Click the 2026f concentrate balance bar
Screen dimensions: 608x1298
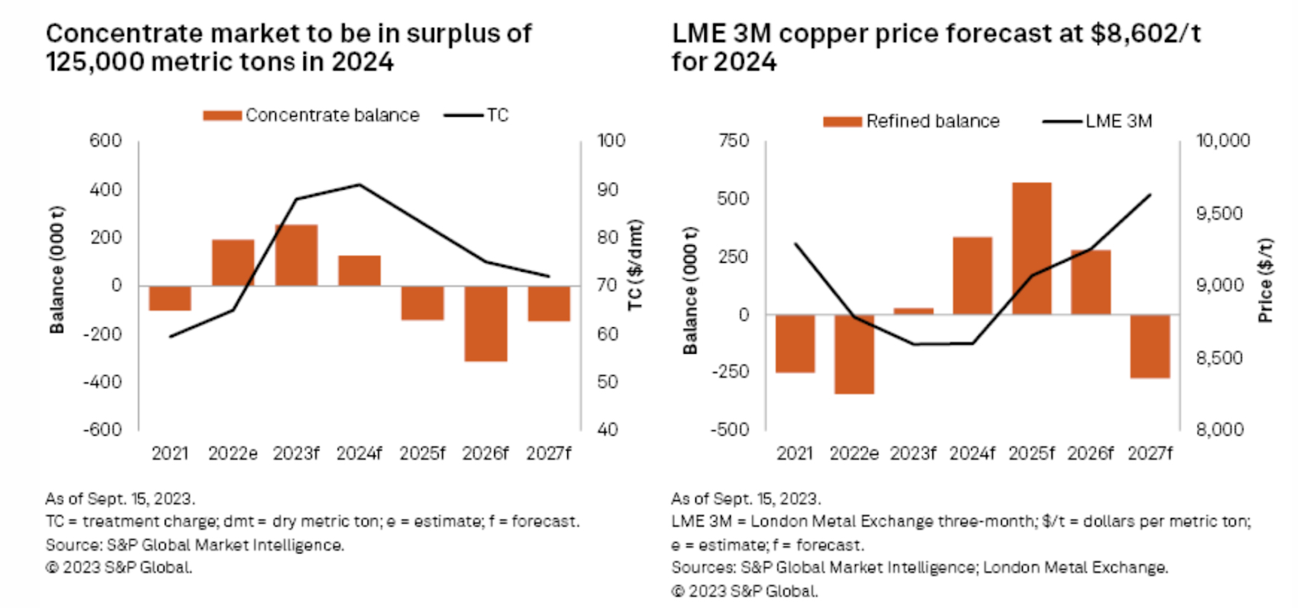485,323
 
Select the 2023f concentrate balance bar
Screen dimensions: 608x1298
296,255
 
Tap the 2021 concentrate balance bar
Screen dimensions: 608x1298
170,298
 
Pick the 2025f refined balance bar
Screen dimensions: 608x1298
1031,248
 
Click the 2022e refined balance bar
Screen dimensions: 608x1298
854,354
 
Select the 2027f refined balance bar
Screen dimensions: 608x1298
1150,347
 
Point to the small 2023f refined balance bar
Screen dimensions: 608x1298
913,311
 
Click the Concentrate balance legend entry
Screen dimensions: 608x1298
312,115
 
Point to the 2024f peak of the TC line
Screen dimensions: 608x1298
359,185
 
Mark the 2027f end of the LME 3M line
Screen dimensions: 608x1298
1150,195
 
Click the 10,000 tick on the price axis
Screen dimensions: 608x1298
1223,140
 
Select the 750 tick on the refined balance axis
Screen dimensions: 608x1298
733,140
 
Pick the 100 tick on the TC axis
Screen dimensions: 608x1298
611,140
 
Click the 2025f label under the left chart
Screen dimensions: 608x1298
422,453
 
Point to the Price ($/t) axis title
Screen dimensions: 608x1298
1265,280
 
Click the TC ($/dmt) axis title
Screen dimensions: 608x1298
635,265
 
